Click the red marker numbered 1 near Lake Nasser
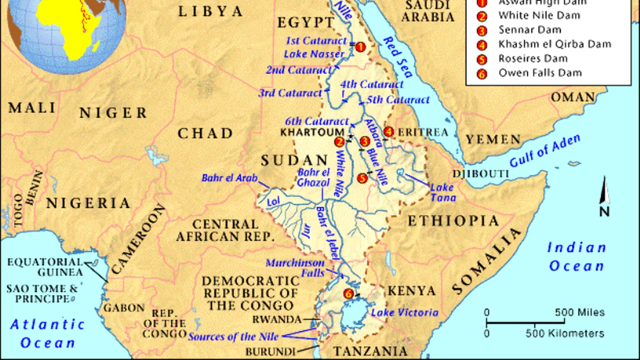coord(360,46)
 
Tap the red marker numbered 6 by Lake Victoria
coord(348,294)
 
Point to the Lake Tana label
coord(443,192)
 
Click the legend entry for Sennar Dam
coord(526,30)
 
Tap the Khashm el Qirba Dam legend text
coord(554,44)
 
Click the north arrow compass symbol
coord(604,197)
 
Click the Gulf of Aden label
coord(545,151)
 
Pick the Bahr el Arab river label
coord(229,178)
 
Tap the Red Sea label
coord(397,56)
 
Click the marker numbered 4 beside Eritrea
coord(388,132)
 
